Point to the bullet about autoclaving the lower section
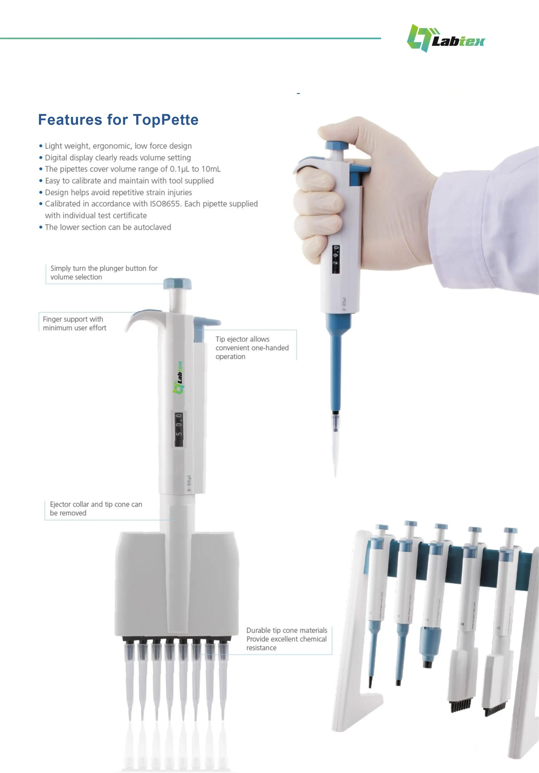tap(108, 227)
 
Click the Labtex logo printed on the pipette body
tap(178, 377)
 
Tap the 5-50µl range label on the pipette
tap(189, 483)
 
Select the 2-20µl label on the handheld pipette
tap(344, 304)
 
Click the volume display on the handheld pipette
tap(336, 259)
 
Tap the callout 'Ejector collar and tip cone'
tap(96, 508)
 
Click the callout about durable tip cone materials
tap(286, 639)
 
